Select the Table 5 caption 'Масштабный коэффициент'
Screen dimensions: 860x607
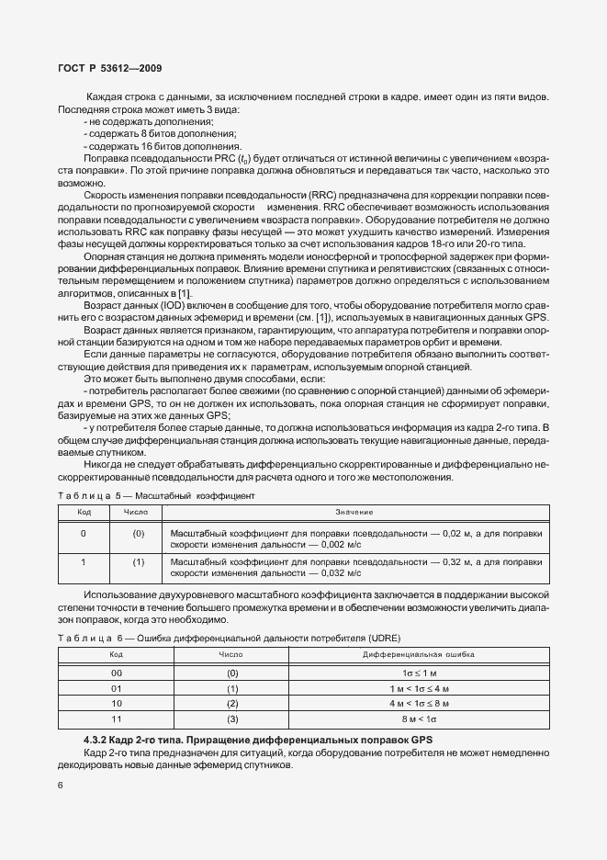[197, 495]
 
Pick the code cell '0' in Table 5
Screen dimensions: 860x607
[83, 533]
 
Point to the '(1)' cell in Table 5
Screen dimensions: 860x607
[139, 560]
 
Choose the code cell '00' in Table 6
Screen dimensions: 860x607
[117, 673]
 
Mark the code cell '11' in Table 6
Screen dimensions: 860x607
[117, 719]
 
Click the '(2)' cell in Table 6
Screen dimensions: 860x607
[232, 704]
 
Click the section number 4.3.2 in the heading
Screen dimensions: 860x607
[97, 740]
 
